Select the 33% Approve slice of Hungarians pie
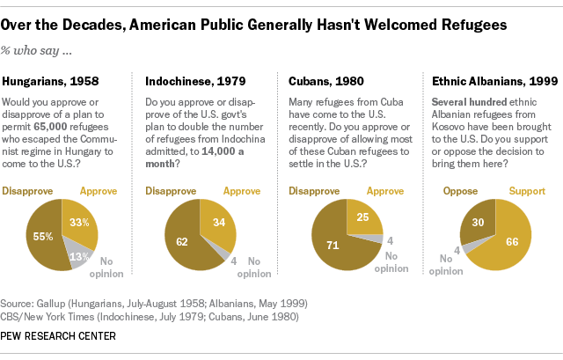click(79, 222)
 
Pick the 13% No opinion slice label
click(77, 257)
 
